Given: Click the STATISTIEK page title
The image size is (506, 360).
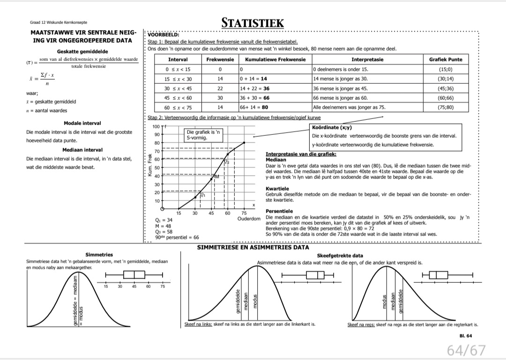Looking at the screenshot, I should coord(253,23).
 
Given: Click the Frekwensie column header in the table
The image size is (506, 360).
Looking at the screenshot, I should coord(220,59).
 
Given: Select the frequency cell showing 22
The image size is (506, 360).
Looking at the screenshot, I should coord(220,88).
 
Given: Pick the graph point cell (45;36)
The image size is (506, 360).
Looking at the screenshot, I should coord(445,88).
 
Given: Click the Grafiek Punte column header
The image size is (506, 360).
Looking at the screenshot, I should coord(445,59).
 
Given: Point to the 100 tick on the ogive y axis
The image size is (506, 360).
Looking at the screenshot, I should coord(156,126).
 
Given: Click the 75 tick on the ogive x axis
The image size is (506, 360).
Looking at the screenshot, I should coord(244,213).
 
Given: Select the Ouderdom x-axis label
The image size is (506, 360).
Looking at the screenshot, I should coord(249,219).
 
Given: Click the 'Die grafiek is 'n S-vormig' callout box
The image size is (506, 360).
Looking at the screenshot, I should coord(204,135).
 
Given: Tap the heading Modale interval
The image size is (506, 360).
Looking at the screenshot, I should coord(82,123).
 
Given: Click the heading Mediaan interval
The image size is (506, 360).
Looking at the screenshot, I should coord(82,150).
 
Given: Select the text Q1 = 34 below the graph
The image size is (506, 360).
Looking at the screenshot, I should coord(164,220).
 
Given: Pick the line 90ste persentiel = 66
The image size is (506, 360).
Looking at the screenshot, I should coord(177,237).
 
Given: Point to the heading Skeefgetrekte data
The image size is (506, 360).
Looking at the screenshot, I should coord(340,256).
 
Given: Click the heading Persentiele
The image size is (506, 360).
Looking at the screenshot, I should coord(279,211).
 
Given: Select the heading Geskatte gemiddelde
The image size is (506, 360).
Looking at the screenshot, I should coord(82,51).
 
